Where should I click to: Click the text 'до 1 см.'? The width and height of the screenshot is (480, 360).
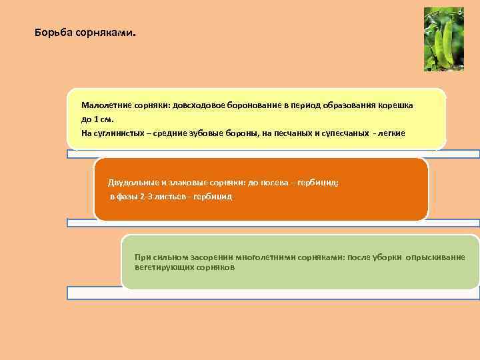98,119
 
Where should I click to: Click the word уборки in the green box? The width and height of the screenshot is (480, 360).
383,257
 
